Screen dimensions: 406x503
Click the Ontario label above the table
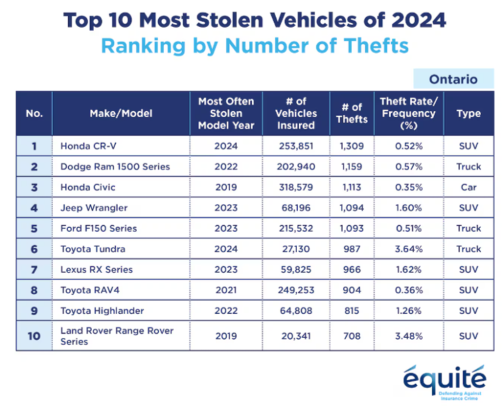pos(453,79)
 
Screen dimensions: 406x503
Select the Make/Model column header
pos(120,113)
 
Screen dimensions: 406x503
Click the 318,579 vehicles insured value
pos(295,187)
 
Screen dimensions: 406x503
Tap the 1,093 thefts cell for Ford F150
pos(351,228)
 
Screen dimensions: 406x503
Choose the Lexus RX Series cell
pos(97,270)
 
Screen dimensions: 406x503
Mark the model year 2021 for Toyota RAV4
pos(226,290)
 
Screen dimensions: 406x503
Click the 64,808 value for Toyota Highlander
pos(295,311)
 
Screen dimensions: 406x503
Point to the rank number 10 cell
pos(34,336)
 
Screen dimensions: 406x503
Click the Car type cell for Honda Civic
pos(468,187)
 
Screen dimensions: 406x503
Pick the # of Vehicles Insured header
pos(295,113)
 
